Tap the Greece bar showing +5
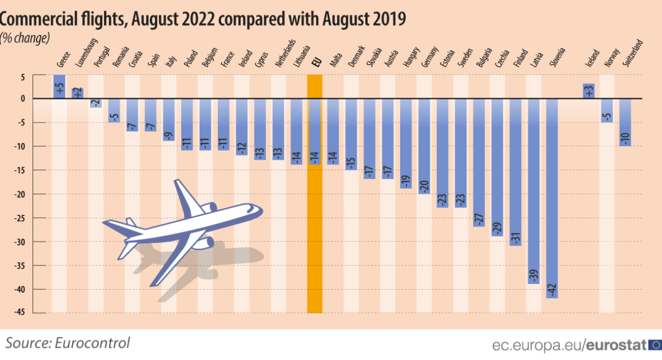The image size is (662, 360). click(59, 87)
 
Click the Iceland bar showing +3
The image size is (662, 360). click(588, 91)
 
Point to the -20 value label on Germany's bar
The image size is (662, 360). click(423, 186)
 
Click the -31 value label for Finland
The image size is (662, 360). click(515, 237)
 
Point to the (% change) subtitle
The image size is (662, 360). click(26, 38)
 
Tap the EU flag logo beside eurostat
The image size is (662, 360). click(655, 345)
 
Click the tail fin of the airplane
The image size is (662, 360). click(131, 223)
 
